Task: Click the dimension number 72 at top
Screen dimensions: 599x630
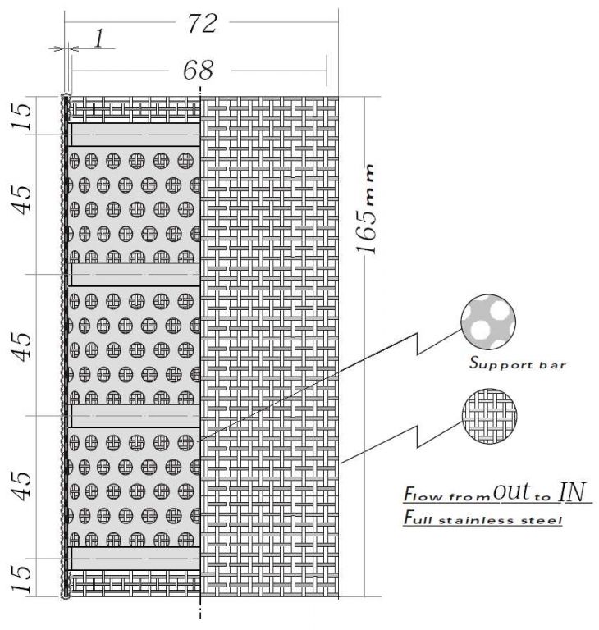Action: [x=202, y=23]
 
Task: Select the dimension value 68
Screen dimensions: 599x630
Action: [x=199, y=71]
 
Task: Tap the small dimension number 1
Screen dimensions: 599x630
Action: [x=99, y=39]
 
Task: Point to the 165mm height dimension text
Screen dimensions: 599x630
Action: [x=366, y=208]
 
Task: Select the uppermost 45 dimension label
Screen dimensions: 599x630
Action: [x=22, y=199]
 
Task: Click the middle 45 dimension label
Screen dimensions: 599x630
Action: [x=22, y=347]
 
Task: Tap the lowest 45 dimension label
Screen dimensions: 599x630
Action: [x=22, y=486]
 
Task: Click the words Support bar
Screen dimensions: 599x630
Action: [x=518, y=363]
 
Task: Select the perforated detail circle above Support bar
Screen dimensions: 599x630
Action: [x=488, y=322]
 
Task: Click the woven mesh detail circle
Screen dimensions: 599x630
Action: [x=489, y=416]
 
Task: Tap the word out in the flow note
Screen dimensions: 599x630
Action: [x=512, y=492]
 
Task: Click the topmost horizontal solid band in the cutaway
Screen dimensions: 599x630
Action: [x=135, y=135]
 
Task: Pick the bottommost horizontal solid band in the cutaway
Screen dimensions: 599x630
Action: [x=135, y=559]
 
